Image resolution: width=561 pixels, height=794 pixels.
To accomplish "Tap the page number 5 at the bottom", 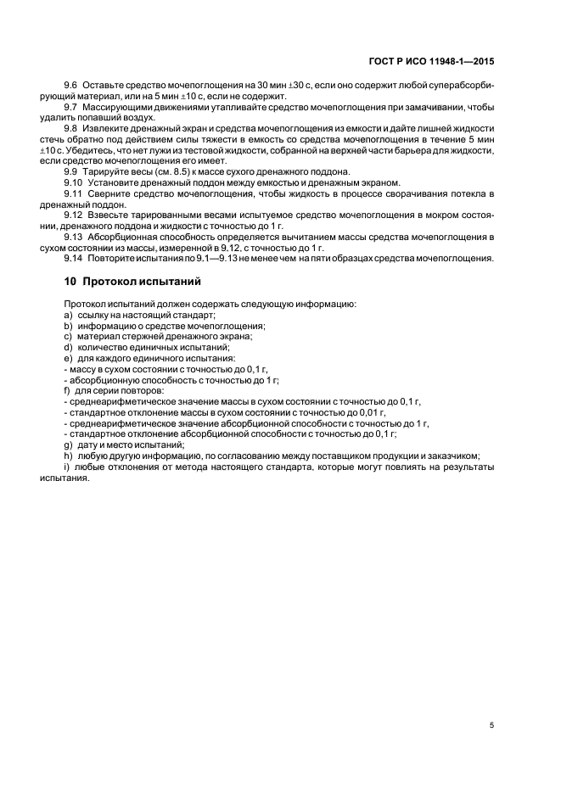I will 491,725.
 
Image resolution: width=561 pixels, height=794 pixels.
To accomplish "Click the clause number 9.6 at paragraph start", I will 71,87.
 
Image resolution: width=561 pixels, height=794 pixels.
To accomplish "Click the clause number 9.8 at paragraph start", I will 71,128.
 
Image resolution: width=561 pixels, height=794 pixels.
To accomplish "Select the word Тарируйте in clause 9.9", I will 104,171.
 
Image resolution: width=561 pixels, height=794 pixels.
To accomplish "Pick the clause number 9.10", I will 74,182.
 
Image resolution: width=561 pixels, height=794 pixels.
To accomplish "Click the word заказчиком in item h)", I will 454,456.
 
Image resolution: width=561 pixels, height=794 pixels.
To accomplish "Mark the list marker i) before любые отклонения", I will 67,467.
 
